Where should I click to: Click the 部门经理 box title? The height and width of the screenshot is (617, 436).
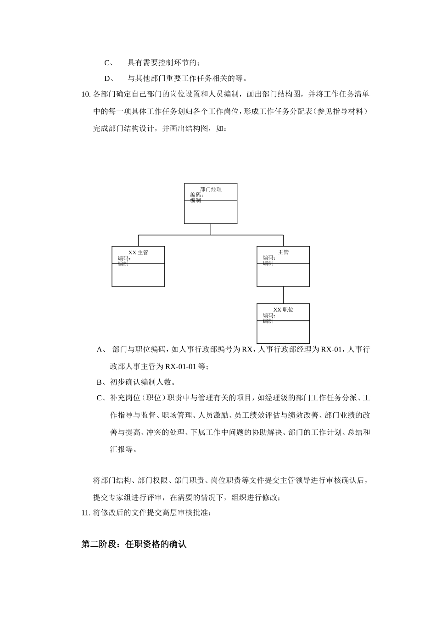click(211, 189)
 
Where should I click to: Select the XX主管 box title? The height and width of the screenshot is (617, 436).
click(138, 252)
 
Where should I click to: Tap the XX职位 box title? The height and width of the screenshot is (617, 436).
click(283, 310)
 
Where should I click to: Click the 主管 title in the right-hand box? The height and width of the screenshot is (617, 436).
click(283, 252)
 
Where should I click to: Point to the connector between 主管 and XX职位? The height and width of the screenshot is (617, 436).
click(283, 295)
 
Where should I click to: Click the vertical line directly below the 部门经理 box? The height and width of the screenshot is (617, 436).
click(211, 229)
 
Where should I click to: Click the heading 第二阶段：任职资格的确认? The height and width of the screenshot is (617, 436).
click(134, 544)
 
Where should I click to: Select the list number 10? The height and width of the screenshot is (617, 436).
click(86, 95)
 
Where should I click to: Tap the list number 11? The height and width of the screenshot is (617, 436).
click(86, 513)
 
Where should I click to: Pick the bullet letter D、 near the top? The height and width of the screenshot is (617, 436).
click(109, 78)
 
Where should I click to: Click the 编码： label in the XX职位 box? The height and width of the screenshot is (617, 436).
click(269, 315)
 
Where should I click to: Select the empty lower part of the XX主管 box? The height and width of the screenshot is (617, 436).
click(138, 275)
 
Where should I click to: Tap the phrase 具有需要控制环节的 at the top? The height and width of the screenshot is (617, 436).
click(162, 62)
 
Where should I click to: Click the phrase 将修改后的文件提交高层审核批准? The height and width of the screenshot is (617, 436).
click(151, 513)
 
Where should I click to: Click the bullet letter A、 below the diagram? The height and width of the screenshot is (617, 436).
click(101, 349)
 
